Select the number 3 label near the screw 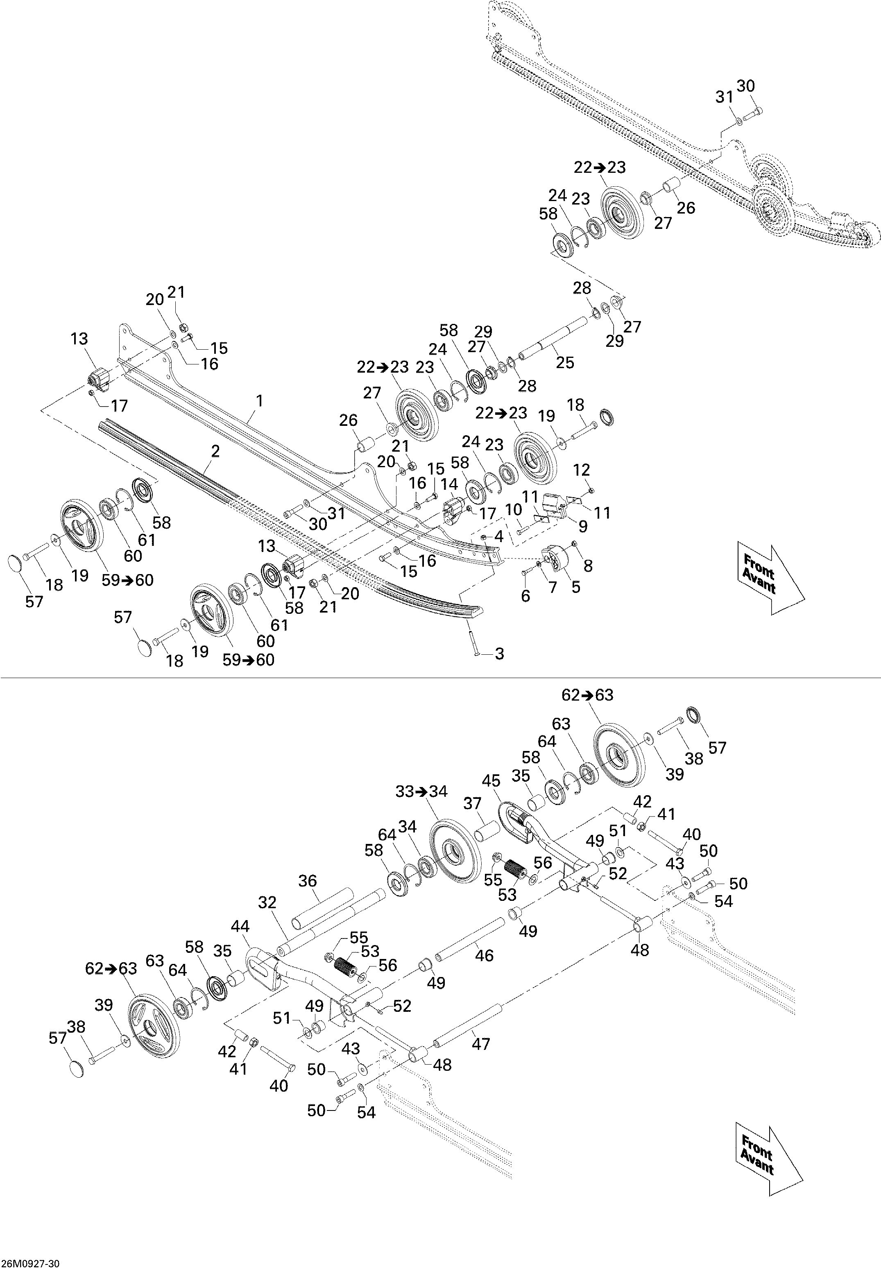pos(499,654)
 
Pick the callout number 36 pos(308,881)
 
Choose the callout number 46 pos(484,955)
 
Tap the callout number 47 pos(481,1044)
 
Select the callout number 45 pos(491,780)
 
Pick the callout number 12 pos(582,470)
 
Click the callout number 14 pos(450,484)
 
